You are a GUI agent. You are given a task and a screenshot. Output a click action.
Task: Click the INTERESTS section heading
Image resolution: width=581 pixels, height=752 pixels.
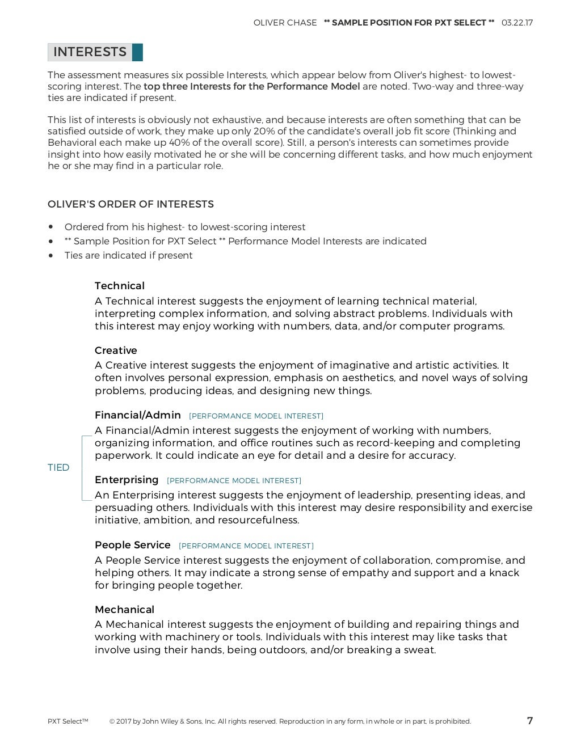pos(90,52)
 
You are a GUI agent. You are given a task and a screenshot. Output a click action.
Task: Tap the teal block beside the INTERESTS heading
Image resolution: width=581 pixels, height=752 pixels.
pos(137,52)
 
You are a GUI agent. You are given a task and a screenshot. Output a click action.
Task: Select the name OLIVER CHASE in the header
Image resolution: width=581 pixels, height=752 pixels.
pos(285,23)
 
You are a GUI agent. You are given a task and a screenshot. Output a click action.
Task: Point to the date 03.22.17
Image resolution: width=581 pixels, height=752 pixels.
pos(517,23)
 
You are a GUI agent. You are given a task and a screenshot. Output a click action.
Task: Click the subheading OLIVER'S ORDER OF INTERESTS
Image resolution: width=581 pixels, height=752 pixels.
pos(130,204)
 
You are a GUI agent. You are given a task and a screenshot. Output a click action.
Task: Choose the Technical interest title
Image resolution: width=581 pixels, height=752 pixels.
pos(120,286)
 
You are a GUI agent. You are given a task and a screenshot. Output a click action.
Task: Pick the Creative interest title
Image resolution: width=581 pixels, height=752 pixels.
pos(116,350)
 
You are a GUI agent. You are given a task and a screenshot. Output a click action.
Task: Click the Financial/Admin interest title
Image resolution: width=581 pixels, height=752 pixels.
pos(138,415)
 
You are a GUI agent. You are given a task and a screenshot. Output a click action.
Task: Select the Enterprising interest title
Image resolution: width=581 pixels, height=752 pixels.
pos(127,480)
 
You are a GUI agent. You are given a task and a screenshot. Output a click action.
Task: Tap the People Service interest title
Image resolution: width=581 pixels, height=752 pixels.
pos(133,545)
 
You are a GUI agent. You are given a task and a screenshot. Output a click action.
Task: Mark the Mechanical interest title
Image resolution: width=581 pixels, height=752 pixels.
pos(124,610)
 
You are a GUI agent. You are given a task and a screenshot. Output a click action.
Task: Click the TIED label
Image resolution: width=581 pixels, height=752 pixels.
pos(58,468)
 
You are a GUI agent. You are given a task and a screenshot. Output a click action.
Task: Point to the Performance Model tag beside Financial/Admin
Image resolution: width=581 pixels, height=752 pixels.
pos(256,416)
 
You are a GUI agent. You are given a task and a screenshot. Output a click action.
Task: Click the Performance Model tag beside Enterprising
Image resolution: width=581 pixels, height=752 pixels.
pos(234,481)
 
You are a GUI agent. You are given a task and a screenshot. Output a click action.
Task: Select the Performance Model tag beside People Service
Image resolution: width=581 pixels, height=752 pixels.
pos(246,546)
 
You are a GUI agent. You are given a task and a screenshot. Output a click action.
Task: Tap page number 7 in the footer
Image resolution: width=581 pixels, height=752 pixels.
pos(530,721)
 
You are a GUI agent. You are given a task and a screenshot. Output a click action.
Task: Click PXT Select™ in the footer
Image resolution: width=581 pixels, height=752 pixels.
pos(68,721)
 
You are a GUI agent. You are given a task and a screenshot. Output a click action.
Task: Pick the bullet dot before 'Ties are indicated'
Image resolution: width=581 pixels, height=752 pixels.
pos(51,256)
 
